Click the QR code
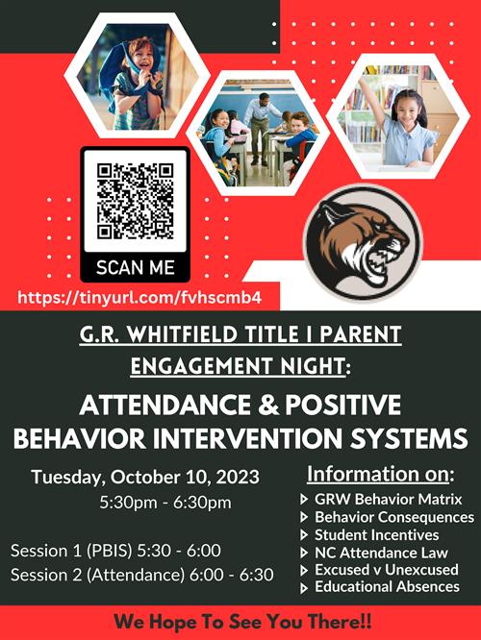coord(136,201)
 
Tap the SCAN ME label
coord(136,268)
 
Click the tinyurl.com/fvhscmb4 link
coord(139,298)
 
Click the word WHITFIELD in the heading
coord(182,334)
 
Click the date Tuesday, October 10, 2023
coord(145,477)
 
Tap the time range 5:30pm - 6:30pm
coord(165,502)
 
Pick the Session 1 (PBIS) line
coord(115,551)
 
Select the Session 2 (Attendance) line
coord(141,575)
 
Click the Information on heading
coord(380,475)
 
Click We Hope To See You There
coord(242,622)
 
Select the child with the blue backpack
coord(131,84)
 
